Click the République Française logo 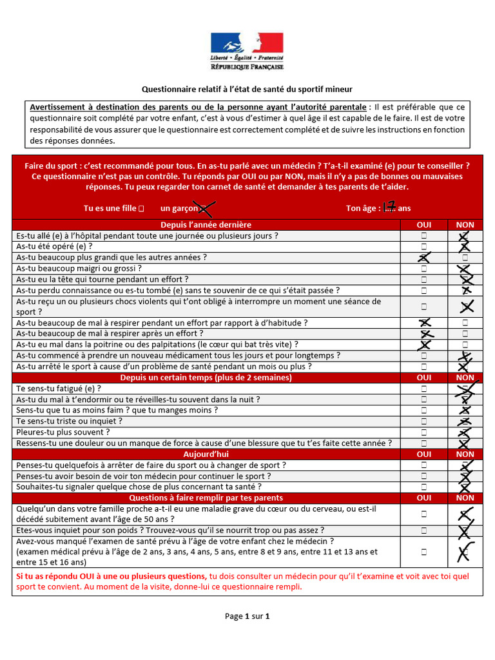tap(247, 51)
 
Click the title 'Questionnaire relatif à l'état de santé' tap(247, 89)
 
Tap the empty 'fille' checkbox tap(141, 208)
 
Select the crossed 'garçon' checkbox tap(205, 208)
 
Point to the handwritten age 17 tap(388, 207)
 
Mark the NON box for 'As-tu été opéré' tap(464, 247)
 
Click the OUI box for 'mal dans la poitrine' tap(424, 345)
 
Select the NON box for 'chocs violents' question tap(465, 307)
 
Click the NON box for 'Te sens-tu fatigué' tap(464, 389)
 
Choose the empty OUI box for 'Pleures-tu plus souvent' tap(424, 432)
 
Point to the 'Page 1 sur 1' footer tap(247, 616)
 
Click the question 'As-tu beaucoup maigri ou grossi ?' tap(79, 269)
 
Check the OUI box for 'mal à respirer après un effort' tap(424, 334)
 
